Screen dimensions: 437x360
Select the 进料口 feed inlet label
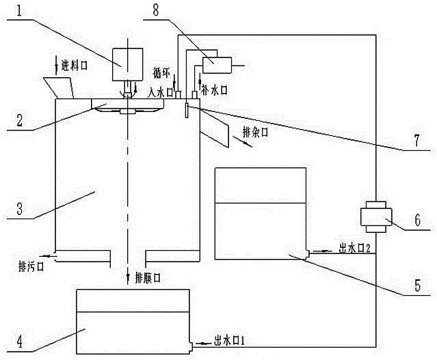click(x=74, y=65)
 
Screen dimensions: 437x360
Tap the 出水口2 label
click(x=354, y=249)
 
